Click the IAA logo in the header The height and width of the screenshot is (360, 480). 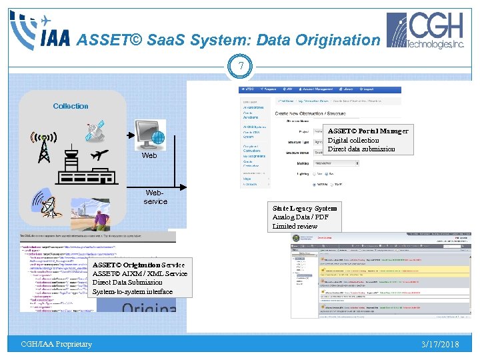(x=40, y=30)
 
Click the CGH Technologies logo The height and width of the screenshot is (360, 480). (x=427, y=31)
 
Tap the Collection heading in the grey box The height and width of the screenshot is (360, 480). (x=71, y=106)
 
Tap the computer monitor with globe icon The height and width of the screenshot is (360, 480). (x=149, y=135)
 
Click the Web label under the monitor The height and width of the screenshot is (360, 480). (x=149, y=155)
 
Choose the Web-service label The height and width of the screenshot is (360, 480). (x=155, y=197)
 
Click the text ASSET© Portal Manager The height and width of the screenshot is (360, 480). (x=368, y=131)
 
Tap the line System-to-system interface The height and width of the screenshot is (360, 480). (x=132, y=291)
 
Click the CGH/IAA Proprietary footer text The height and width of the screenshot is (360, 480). (x=56, y=344)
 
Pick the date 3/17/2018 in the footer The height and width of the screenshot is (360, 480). (x=440, y=344)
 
